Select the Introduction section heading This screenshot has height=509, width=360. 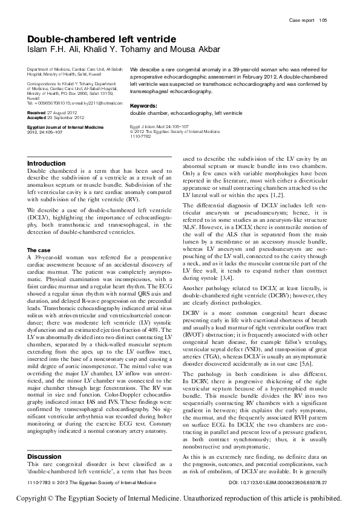click(47, 164)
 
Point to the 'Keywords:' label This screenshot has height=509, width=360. click(143, 106)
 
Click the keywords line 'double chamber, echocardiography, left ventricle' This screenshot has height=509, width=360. click(186, 114)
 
